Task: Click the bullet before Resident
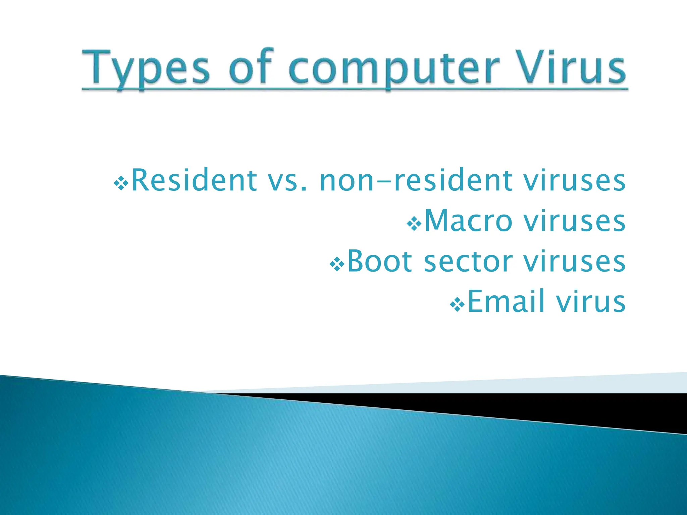(x=121, y=183)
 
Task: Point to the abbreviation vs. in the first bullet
(x=287, y=181)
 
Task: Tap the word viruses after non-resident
(x=575, y=181)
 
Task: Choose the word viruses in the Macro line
(x=575, y=221)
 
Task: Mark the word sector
(x=468, y=262)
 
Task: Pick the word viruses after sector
(x=575, y=262)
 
